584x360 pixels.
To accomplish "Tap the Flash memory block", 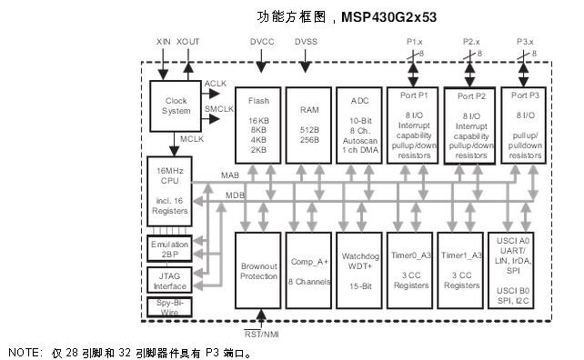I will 258,125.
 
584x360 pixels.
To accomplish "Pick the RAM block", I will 308,125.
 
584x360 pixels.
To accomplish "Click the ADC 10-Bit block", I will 358,125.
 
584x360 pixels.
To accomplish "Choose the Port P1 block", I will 410,125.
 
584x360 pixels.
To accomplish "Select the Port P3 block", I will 526,125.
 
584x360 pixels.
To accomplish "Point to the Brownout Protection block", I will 258,270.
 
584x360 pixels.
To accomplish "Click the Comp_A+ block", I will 308,270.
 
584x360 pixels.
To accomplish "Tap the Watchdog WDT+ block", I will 358,270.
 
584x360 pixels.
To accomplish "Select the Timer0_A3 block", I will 410,270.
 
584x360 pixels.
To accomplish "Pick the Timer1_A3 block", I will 460,270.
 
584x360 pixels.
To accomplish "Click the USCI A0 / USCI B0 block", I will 526,270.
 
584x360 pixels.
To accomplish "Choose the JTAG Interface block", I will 170,279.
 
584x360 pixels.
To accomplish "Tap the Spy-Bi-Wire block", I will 170,306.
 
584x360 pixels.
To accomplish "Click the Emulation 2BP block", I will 170,249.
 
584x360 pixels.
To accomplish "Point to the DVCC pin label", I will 261,42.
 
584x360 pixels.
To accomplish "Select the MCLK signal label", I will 192,139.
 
